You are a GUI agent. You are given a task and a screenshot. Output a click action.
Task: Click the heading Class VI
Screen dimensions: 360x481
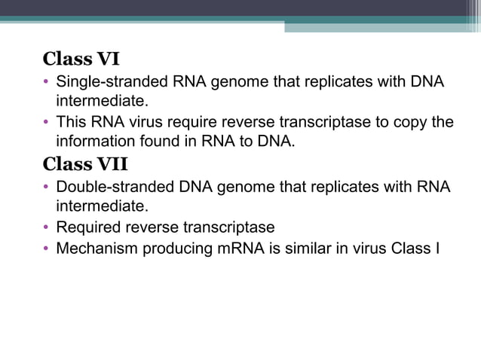[x=81, y=58]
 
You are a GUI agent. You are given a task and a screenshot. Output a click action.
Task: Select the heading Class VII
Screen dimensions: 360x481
[x=85, y=163]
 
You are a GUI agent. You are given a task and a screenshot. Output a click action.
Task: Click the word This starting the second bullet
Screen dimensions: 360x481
[x=71, y=122]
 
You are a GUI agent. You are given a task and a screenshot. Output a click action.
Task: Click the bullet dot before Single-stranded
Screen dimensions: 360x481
[x=47, y=81]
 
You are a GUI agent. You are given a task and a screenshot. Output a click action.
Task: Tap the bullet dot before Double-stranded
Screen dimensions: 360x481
[x=47, y=187]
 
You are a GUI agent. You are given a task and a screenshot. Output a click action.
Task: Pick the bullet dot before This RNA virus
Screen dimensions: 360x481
[x=47, y=122]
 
